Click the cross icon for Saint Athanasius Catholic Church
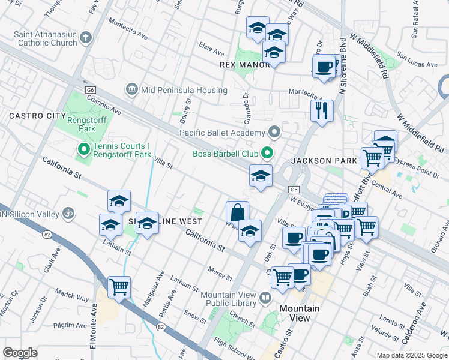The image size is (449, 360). click(85, 38)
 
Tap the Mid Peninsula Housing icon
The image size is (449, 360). click(131, 90)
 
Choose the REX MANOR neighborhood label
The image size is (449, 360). click(244, 65)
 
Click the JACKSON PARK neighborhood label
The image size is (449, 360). click(324, 161)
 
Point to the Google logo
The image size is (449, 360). click(20, 352)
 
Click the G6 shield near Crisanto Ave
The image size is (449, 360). click(91, 89)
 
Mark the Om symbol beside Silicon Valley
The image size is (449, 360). click(68, 213)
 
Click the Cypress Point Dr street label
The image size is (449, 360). click(422, 168)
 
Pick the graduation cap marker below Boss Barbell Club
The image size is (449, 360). click(261, 176)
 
